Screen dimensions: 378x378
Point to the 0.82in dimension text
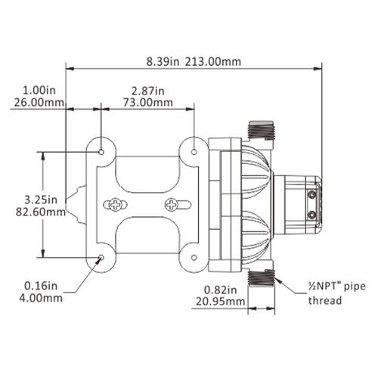(x=222, y=289)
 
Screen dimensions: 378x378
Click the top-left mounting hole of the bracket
(x=101, y=151)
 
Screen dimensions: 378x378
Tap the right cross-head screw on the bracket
(x=173, y=205)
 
